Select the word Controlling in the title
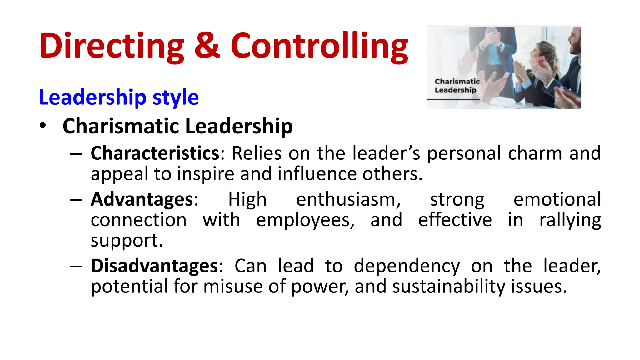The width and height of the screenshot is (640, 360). [319, 46]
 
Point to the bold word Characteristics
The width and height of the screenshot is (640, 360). [155, 153]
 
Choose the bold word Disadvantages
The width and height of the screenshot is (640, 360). [154, 266]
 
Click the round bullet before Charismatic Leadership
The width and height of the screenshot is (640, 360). [43, 126]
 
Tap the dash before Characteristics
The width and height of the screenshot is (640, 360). [76, 154]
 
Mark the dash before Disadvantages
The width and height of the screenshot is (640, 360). [76, 267]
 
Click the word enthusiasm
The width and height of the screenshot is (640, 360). [348, 199]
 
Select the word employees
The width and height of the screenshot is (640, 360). [305, 220]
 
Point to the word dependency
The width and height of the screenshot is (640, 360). [407, 267]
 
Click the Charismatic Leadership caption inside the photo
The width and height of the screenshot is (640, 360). [457, 86]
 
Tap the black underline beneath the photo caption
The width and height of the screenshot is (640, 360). [453, 100]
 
